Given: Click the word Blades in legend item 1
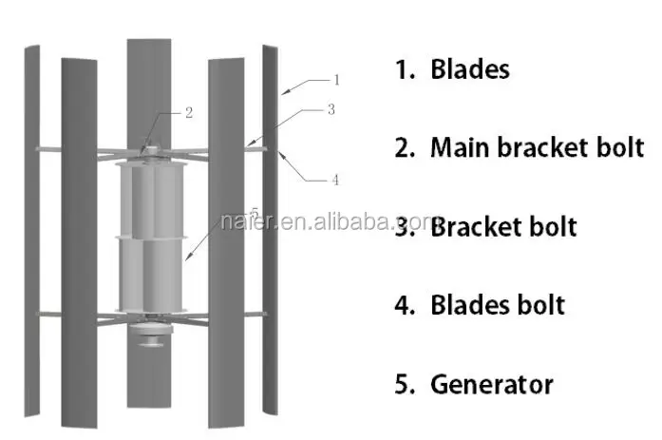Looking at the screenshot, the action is coord(469,69).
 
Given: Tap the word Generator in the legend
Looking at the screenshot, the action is coord(491,384).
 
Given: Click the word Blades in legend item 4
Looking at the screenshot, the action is coord(469,305).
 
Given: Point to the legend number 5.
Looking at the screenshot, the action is coord(402,384).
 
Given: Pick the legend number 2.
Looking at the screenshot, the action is coord(402,147).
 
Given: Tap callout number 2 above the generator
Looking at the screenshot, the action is coord(189,112).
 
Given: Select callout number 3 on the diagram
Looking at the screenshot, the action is coord(331,109).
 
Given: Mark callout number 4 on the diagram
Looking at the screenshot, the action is coord(334,179).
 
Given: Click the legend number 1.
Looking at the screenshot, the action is coord(402,69).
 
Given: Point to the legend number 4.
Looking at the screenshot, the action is coord(402,305).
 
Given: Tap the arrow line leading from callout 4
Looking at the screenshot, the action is coord(306,163).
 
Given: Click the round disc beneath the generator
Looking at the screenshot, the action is coord(151,335).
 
